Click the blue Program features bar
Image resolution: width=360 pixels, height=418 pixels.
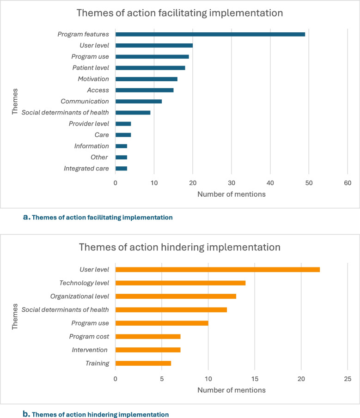[x=210, y=34]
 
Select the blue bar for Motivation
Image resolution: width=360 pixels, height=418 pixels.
[x=146, y=79]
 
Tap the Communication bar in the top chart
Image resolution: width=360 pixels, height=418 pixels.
[x=139, y=102]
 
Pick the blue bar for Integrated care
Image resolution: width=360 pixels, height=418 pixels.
[x=122, y=169]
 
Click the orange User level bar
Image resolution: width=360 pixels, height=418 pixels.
[x=218, y=270]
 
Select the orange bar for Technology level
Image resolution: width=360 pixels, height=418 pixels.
[x=181, y=283]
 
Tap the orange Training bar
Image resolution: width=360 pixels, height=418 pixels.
[x=143, y=363]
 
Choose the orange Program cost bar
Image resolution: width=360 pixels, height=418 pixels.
[x=148, y=337]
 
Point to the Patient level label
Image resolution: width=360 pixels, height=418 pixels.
[x=91, y=68]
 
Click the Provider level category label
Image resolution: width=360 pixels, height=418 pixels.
[x=89, y=124]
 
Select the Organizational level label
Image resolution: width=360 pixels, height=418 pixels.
[x=79, y=297]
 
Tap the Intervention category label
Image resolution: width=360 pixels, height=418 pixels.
[x=90, y=350]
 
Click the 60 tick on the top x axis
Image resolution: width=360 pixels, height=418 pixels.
[x=348, y=183]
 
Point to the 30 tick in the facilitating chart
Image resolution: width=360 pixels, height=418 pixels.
[x=232, y=183]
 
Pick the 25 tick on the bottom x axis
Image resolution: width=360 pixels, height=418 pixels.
[x=348, y=379]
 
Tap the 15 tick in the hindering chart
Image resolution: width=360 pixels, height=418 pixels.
[x=255, y=379]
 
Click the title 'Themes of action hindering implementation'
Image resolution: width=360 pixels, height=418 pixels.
[x=180, y=248]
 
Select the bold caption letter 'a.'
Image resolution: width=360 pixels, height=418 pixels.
[x=27, y=217]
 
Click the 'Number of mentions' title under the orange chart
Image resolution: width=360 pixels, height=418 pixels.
[x=232, y=390]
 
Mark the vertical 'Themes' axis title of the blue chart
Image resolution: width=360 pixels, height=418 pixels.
[x=15, y=102]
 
